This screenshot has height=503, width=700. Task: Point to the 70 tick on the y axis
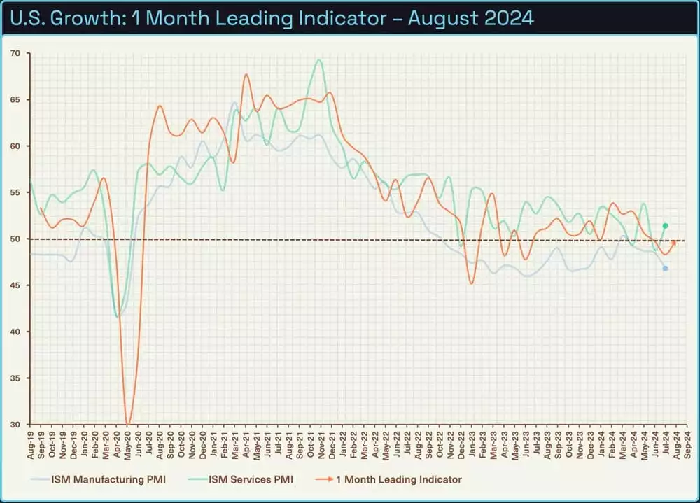click(x=15, y=53)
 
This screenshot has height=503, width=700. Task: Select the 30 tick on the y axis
click(x=15, y=424)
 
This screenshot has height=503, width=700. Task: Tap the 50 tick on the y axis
click(x=15, y=239)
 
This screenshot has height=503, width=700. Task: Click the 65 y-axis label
click(x=15, y=100)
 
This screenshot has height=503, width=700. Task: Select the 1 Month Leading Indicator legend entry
click(x=392, y=479)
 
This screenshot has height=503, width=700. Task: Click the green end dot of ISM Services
click(x=665, y=225)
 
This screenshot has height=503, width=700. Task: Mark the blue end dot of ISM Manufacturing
click(x=665, y=269)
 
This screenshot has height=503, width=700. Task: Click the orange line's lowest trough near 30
click(x=127, y=423)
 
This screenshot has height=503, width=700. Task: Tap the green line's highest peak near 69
click(x=320, y=60)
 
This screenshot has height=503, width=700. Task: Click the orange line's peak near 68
click(x=246, y=75)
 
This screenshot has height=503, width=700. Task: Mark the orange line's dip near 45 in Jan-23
click(x=472, y=283)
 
